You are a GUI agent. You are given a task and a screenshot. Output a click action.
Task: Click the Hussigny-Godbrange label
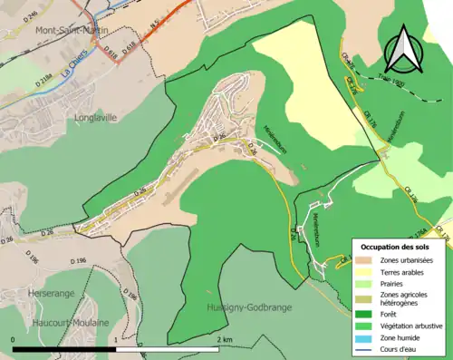245,307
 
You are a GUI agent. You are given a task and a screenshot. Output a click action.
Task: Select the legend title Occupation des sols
396,247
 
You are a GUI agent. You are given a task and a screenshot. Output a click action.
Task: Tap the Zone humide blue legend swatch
366,338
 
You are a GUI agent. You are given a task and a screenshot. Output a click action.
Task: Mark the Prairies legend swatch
366,283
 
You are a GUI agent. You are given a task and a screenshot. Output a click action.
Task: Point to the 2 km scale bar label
226,340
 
